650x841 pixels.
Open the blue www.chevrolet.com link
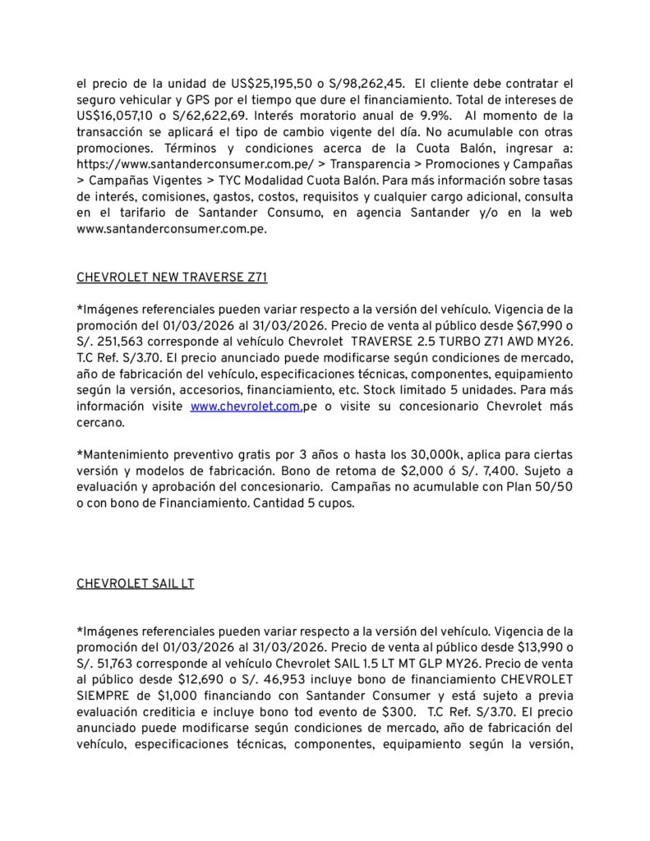(246, 406)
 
